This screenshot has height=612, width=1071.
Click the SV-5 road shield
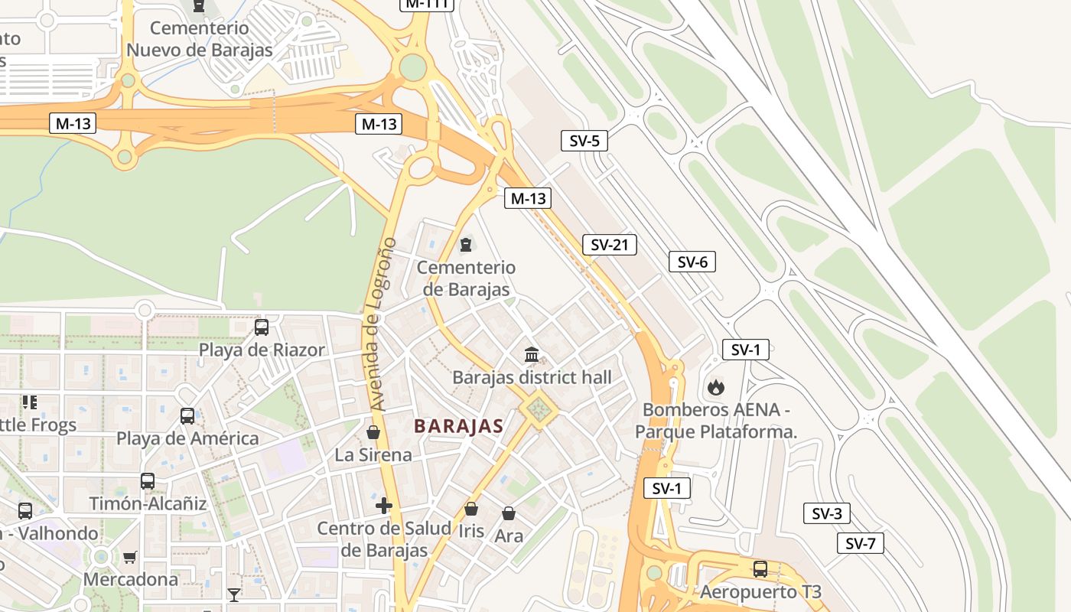[584, 141]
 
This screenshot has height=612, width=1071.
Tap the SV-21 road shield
[609, 245]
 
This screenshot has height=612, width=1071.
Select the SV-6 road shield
[692, 262]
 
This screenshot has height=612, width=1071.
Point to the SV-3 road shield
[826, 513]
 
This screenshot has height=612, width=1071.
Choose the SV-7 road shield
[860, 544]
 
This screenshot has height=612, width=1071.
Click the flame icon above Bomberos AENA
[715, 387]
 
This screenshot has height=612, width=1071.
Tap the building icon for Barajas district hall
[532, 354]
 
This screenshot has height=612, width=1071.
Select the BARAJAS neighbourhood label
[458, 427]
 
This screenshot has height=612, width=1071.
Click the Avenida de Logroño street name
[380, 323]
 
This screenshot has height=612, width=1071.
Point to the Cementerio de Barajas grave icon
[466, 245]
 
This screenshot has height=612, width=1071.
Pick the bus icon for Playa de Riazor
[262, 327]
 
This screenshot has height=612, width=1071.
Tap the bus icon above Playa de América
[187, 416]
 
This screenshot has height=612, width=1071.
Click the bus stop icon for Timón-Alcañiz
[148, 481]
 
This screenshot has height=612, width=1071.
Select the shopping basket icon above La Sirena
[373, 432]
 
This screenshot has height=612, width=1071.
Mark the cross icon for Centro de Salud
[384, 506]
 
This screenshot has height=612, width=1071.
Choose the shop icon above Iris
[471, 509]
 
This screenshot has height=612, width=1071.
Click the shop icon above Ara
[509, 513]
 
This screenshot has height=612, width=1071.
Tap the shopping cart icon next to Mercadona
[130, 557]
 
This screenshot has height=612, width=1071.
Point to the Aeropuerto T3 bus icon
[760, 569]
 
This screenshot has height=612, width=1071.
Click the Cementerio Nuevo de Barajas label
[199, 39]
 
